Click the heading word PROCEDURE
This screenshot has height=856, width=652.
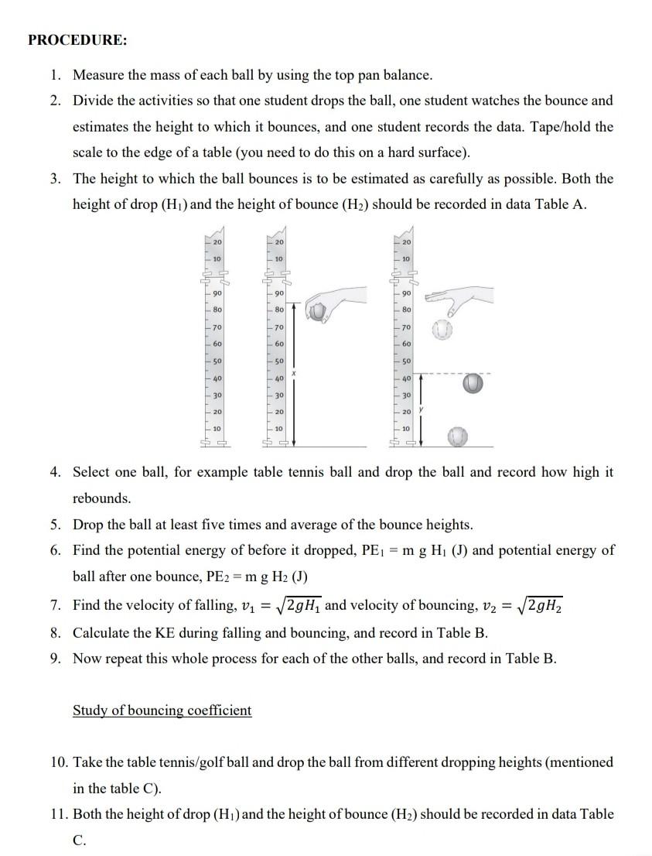[77, 40]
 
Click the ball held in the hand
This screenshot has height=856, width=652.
[317, 311]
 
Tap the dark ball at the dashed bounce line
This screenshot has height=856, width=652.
[473, 383]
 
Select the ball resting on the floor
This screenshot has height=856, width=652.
[459, 437]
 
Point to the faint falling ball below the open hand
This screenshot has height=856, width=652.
[442, 331]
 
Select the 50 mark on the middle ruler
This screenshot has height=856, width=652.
[279, 361]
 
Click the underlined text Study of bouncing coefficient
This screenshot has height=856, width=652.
[162, 710]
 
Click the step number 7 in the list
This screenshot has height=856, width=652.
[55, 604]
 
